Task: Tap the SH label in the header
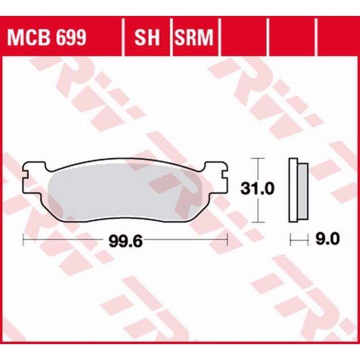(146, 37)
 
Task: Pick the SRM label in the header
(193, 37)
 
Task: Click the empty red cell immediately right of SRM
(244, 37)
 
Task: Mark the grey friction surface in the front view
(124, 191)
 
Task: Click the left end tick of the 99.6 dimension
(24, 241)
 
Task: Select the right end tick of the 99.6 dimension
(227, 241)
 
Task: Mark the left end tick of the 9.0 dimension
(291, 241)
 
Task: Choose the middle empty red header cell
(291, 37)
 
